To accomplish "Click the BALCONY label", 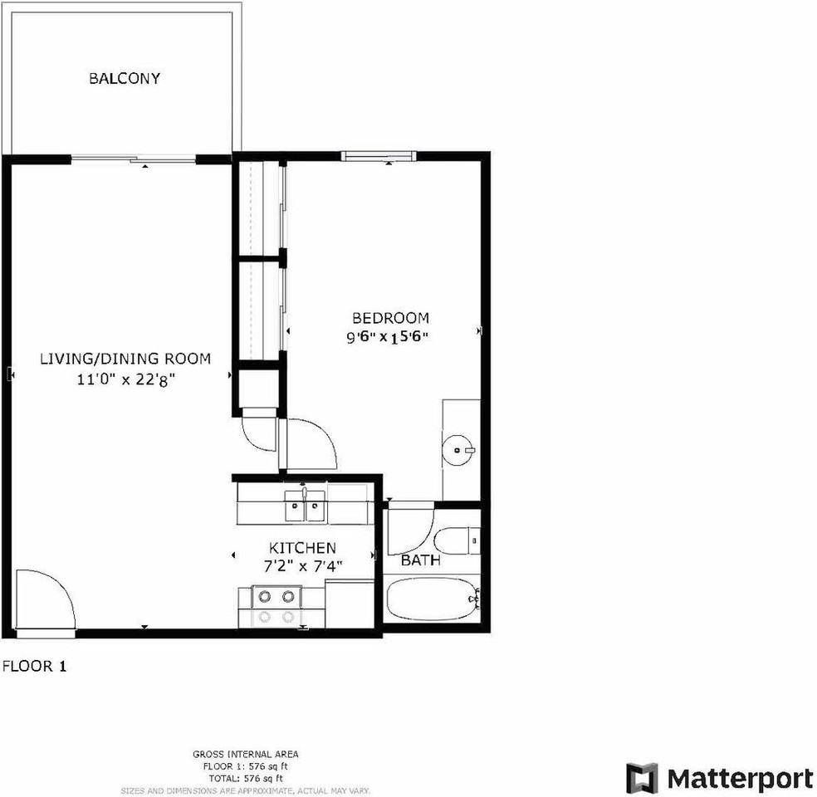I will coord(125,79).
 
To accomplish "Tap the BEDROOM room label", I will coord(390,318).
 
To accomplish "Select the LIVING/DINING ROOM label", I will coord(125,359).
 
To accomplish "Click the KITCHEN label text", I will coord(302,548).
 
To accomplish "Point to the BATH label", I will coord(421,561).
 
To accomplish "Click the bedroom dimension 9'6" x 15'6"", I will coord(390,337).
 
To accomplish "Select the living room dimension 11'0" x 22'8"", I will coord(125,379).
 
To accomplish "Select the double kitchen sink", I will coord(305,504).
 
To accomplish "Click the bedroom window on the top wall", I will coord(378,155).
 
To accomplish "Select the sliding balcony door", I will coord(135,157).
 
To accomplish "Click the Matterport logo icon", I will coord(641,779).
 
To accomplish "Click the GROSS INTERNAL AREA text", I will coord(241,754).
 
